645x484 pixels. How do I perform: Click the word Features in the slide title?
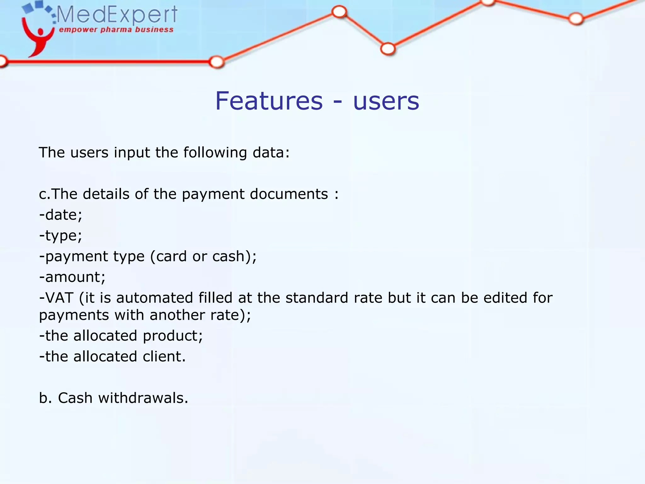point(269,101)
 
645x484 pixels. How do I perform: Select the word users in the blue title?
point(386,101)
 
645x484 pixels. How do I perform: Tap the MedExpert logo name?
point(117,14)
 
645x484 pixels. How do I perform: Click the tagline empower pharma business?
point(116,30)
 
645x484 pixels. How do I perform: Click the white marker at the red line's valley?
point(388,49)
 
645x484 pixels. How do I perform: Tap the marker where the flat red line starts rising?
point(217,62)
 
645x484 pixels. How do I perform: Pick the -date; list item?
point(61,215)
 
